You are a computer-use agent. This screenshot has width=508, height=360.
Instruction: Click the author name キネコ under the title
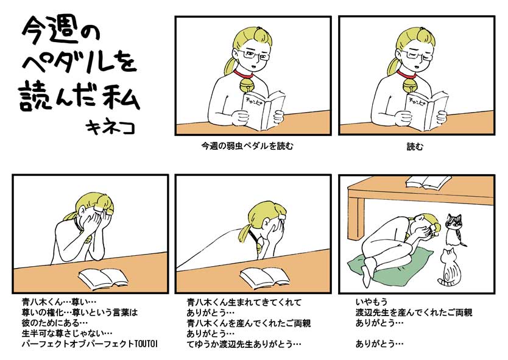[110, 127]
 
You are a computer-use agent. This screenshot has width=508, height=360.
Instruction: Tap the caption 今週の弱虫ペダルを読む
[247, 146]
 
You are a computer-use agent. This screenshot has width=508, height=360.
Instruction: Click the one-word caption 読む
[415, 147]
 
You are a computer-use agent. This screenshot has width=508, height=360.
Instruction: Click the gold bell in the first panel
[247, 85]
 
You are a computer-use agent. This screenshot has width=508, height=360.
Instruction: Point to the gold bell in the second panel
[410, 85]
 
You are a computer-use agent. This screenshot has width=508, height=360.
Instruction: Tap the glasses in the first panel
[256, 55]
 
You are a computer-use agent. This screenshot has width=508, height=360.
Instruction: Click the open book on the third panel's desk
[104, 278]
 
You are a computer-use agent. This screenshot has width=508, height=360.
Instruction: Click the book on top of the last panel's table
[428, 182]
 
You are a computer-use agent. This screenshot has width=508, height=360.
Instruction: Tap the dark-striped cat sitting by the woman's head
[454, 229]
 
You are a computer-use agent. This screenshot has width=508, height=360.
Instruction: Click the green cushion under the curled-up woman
[389, 262]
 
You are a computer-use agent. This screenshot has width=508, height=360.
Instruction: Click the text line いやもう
[372, 302]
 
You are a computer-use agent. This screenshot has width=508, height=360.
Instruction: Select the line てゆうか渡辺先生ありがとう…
[244, 344]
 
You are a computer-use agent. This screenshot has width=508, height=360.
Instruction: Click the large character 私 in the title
[121, 95]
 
